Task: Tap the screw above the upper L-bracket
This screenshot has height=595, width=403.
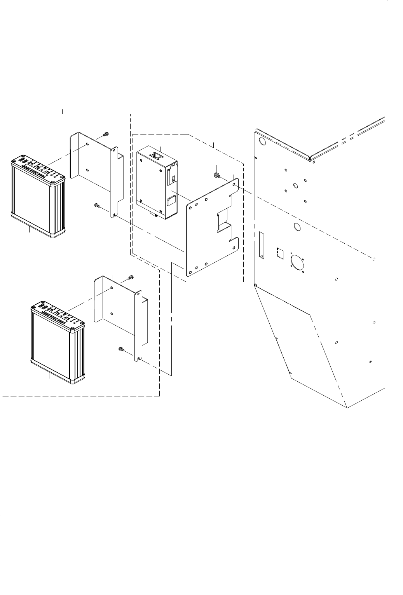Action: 105,134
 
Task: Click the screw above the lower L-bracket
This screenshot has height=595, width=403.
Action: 131,277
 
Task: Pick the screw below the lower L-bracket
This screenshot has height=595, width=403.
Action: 121,350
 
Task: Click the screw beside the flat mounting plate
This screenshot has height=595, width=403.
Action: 215,175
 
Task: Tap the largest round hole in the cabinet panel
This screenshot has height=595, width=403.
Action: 298,263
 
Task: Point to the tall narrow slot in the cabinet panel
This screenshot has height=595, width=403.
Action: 261,245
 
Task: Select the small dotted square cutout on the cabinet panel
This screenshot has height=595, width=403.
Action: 281,253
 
